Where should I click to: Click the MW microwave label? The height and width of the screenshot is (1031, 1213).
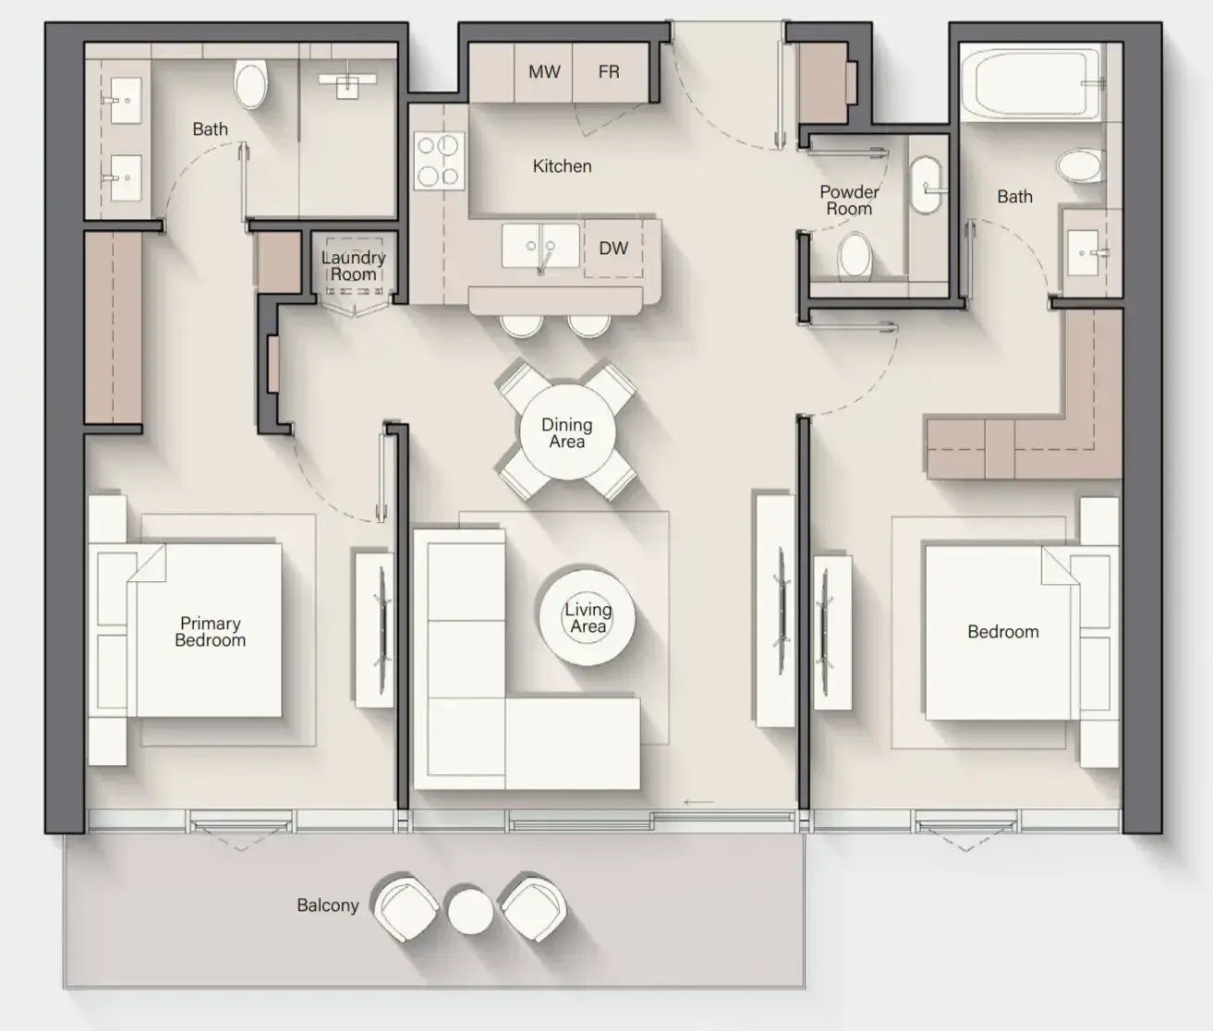coord(544,71)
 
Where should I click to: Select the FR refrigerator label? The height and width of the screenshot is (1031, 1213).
coord(609,71)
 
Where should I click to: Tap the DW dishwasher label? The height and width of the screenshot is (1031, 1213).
coord(613,249)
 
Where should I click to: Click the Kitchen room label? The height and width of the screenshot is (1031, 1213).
coord(562,166)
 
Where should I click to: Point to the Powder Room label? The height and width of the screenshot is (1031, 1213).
coord(849,200)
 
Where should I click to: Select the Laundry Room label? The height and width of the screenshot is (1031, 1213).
coord(353,266)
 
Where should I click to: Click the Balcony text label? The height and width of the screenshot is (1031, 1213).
coord(327,905)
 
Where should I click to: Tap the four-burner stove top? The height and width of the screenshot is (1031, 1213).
coord(439,160)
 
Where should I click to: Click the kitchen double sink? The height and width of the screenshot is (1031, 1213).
coord(540,246)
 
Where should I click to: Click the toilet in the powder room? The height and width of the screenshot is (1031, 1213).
coord(855,255)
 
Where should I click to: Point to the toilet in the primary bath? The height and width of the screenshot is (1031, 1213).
coord(250,84)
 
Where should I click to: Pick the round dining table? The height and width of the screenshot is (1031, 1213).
coord(567,432)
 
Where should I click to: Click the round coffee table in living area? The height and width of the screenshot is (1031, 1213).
coord(587,617)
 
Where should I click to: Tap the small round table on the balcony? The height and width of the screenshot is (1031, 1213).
coord(470,912)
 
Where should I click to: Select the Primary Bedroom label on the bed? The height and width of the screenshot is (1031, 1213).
coord(210,631)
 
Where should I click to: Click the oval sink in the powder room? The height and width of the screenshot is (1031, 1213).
coord(926,185)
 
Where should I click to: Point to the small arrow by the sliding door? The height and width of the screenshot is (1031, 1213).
coord(698,802)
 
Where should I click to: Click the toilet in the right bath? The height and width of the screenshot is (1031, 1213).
coord(1079,165)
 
